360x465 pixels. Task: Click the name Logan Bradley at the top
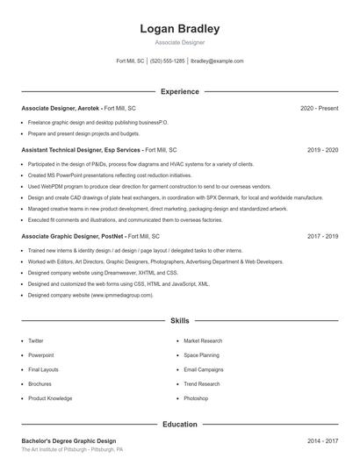tap(180, 29)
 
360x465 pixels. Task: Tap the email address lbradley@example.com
tap(217, 61)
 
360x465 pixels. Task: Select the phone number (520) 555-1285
tap(167, 61)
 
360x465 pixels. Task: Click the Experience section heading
tap(180, 91)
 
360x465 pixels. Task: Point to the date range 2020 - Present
tap(319, 108)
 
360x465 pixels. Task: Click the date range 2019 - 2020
tap(322, 150)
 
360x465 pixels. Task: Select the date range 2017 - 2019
tap(322, 237)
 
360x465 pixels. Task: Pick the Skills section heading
tap(180, 322)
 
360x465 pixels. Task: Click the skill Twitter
tap(36, 340)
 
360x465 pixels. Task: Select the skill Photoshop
tap(196, 398)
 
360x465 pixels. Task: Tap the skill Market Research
tap(203, 340)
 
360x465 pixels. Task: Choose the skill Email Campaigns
tap(204, 369)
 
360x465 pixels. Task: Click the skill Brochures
tap(40, 384)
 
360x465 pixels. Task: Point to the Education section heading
tap(180, 425)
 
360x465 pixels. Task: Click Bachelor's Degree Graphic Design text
tap(68, 440)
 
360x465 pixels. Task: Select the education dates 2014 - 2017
tap(322, 440)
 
